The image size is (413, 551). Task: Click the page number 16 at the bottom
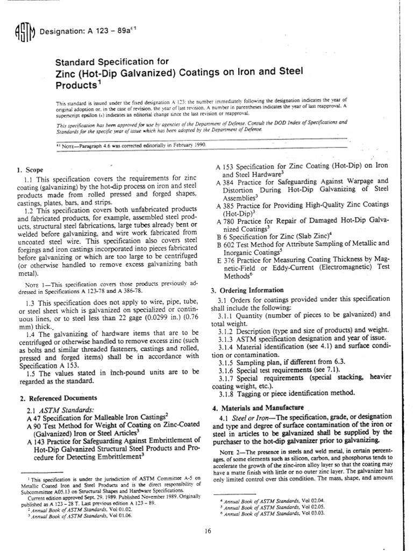(208, 532)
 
